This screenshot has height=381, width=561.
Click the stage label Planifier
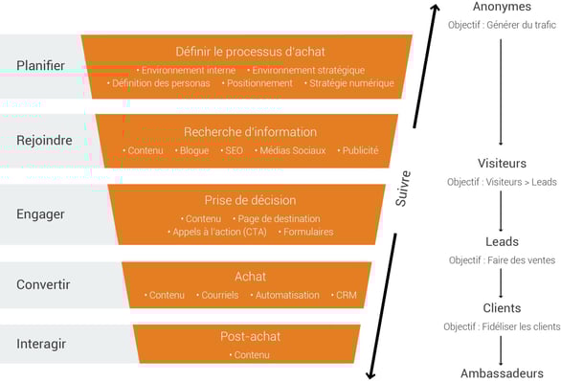coord(40,65)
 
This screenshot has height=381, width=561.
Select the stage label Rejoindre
coord(44,140)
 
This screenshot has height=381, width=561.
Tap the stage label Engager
coord(40,213)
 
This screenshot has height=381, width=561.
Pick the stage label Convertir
coord(43,284)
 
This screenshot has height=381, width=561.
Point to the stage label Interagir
coord(41,344)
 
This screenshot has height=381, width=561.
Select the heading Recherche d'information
coord(250,132)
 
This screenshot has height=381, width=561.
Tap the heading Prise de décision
coord(250,200)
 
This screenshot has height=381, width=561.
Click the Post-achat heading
coord(249,337)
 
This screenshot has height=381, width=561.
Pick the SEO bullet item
coord(232,150)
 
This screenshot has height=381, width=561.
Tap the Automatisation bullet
coord(286,295)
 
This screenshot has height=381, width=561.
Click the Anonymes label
coord(503,8)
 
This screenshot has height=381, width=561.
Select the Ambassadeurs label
coord(503,372)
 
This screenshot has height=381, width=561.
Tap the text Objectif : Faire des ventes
coord(503,260)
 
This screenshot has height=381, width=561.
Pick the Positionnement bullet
coord(259,83)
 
